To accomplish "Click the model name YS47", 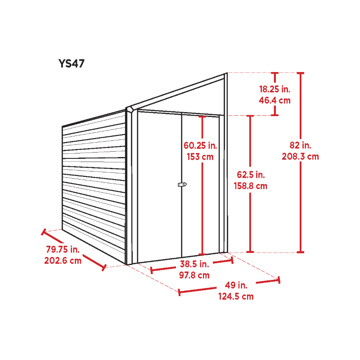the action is [72, 63].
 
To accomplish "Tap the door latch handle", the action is [182, 184].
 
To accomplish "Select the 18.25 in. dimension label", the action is [274, 89].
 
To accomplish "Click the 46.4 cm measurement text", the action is [274, 100].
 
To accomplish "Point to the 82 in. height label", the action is [300, 145].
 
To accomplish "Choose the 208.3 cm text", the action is [300, 157].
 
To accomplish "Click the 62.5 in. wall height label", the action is [251, 175].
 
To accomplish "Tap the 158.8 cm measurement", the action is [251, 186].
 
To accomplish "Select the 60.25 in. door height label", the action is [200, 145].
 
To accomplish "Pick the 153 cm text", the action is [200, 157].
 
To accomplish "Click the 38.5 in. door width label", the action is [194, 264].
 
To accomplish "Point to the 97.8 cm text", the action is [194, 275].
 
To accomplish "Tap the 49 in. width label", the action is [236, 285].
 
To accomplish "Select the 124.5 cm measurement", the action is [236, 297].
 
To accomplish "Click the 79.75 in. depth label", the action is [63, 249].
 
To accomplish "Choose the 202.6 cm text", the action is [63, 261].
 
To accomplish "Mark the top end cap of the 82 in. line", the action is [300, 73].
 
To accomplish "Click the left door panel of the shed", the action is [159, 186].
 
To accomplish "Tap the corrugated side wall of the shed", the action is [94, 184].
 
